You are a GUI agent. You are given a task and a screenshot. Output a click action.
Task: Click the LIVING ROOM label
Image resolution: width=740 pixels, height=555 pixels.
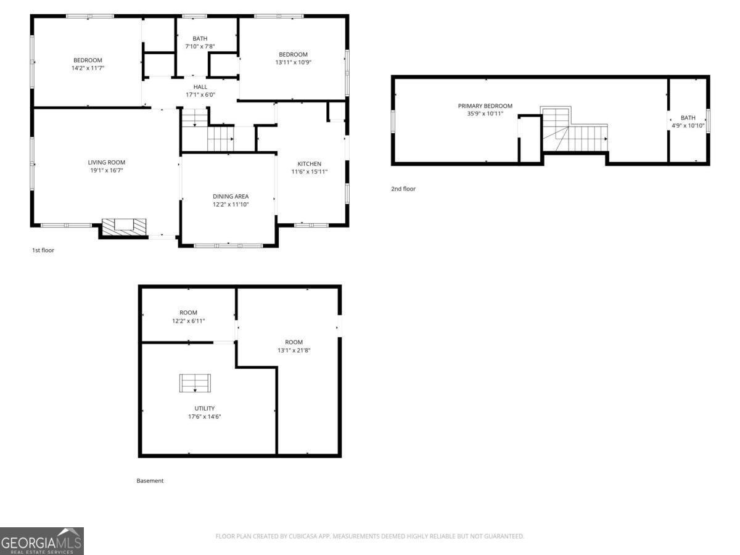[x=106, y=162]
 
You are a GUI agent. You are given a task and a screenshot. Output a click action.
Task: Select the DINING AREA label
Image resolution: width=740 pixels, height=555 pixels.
[x=231, y=196]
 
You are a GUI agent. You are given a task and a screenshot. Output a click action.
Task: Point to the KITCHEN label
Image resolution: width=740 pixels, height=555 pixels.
[x=309, y=163]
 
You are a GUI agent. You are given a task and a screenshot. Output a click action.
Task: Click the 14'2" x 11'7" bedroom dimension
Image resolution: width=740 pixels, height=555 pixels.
[x=88, y=68]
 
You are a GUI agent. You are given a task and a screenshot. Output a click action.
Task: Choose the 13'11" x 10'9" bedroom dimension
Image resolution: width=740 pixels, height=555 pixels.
[x=292, y=62]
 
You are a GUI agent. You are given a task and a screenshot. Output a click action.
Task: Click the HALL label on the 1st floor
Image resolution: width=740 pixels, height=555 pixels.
[x=200, y=87]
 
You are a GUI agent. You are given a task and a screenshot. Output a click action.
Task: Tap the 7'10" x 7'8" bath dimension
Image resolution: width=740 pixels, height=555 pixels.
[x=200, y=46]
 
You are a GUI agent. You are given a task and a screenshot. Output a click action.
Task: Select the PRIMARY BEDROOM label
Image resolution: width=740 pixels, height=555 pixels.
[x=485, y=106]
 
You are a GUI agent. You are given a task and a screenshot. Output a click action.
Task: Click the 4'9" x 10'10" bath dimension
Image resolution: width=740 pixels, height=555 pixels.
[x=688, y=125]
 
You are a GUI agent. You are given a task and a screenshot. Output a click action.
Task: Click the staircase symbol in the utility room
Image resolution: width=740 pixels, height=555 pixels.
[x=195, y=384]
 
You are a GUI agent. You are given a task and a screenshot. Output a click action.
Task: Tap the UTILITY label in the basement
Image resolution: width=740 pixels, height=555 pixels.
[x=205, y=408]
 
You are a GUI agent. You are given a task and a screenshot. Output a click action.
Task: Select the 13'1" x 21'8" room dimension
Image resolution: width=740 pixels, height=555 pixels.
[x=294, y=350]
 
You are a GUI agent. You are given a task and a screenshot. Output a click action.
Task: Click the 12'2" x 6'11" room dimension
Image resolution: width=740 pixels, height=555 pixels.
[x=188, y=321]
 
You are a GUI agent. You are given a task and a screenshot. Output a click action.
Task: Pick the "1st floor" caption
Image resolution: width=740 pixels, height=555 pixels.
[x=43, y=250]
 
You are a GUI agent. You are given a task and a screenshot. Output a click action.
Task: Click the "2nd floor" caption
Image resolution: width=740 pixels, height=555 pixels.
[x=403, y=189]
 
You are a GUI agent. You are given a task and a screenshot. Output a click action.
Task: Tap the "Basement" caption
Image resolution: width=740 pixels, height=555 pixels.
[x=150, y=481]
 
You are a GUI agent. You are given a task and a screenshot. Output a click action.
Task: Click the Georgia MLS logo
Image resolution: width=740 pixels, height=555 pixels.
[x=41, y=541]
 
